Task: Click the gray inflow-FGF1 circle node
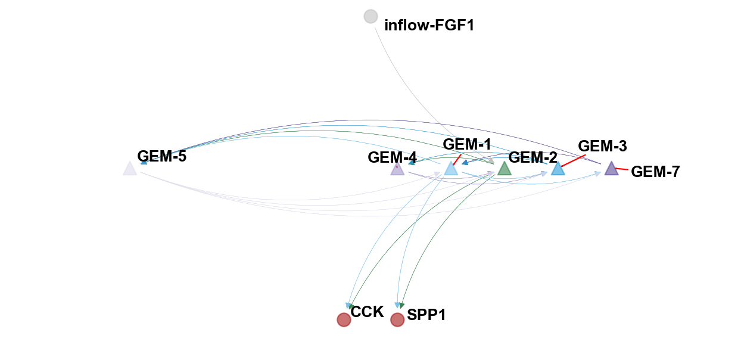pos(370,17)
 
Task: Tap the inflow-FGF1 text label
pos(429,25)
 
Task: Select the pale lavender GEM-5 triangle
pos(130,169)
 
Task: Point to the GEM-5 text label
pos(162,157)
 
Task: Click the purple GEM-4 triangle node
pos(397,169)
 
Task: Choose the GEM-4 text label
pos(392,158)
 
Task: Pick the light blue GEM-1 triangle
pos(451,169)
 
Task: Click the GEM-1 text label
pos(467,144)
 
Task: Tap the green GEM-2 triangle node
pos(504,169)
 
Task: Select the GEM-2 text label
pos(533,157)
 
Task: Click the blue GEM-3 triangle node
pos(558,169)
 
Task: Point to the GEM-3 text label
pos(602,146)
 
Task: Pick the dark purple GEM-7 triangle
pos(611,169)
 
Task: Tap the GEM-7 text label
pos(655,172)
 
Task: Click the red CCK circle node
pos(344,320)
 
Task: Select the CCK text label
pos(367,312)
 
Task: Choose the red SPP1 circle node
pos(397,320)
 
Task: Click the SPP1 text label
pos(426,315)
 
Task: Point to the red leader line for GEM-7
pos(621,170)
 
